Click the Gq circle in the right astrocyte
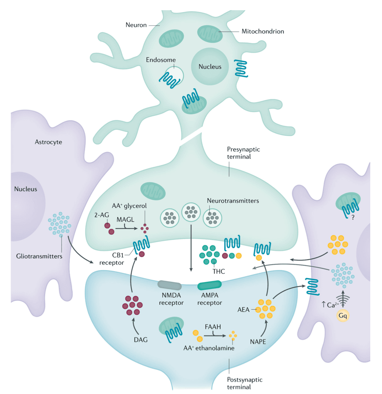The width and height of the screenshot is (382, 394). [343, 315]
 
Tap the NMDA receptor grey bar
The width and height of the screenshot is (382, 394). [170, 285]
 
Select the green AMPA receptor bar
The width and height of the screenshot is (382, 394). [209, 285]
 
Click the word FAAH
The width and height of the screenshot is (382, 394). [213, 326]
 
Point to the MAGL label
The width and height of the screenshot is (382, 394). [125, 220]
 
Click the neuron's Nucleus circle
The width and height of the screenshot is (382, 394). [210, 67]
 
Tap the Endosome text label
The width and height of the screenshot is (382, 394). [160, 60]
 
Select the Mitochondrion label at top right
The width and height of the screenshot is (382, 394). [263, 31]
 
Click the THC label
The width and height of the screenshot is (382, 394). [219, 271]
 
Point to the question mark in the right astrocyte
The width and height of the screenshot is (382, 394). [353, 218]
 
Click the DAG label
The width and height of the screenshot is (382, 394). [141, 340]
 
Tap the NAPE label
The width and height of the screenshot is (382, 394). [258, 341]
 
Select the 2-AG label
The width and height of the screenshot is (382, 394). [101, 215]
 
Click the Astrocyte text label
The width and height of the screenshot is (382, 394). [48, 142]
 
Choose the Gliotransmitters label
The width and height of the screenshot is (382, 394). [39, 256]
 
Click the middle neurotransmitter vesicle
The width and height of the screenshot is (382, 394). [191, 212]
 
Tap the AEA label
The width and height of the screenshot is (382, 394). [243, 310]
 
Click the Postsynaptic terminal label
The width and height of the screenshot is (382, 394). [244, 383]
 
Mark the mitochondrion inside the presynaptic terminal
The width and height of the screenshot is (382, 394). [153, 191]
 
